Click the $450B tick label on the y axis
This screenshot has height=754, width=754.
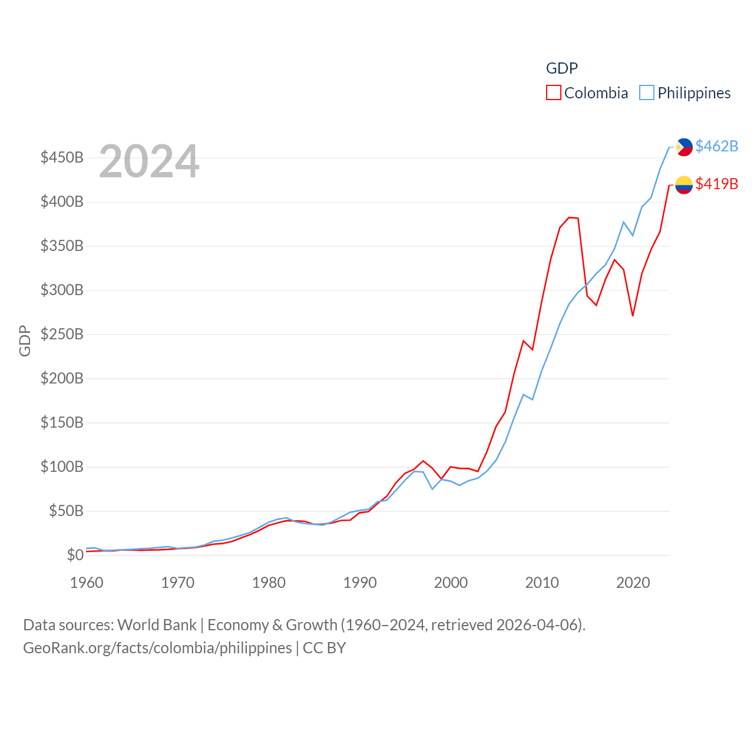point(62,158)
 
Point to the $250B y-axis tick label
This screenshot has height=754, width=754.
point(62,335)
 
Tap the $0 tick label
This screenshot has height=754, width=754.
point(75,555)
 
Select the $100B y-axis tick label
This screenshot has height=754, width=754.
point(62,467)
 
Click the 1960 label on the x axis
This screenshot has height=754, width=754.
point(87,583)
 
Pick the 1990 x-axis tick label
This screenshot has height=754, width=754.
point(360,583)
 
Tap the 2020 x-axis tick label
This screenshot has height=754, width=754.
point(633,583)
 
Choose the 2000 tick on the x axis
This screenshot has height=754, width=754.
point(451,583)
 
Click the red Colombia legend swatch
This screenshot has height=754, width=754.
point(553,93)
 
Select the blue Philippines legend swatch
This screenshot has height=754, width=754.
point(647,93)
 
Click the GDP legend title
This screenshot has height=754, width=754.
point(561,68)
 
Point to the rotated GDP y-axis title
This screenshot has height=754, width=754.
point(25,340)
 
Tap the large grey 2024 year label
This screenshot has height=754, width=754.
point(149,161)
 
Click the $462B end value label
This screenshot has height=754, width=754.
point(716,146)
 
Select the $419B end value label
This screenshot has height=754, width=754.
point(716,184)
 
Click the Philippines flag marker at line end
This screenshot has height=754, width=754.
point(684,147)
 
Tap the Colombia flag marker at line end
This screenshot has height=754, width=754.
point(684,185)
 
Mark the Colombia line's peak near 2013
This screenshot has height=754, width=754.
point(569,217)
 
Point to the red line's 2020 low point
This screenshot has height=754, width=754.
point(633,316)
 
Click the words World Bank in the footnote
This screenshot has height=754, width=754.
point(157,625)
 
